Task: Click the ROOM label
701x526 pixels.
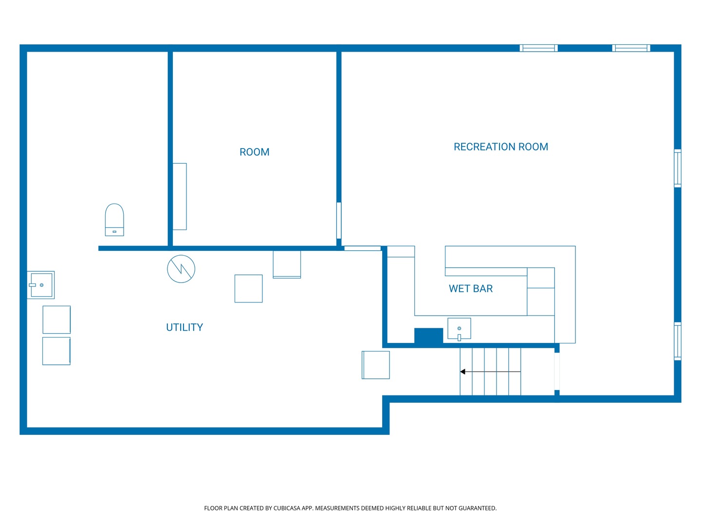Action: tap(254, 152)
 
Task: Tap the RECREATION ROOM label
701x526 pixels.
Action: tap(500, 147)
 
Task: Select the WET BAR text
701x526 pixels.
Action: tap(470, 288)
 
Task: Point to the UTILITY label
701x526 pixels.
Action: tap(184, 327)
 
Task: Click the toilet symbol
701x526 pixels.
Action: tap(114, 220)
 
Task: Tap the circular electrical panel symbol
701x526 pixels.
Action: tap(181, 268)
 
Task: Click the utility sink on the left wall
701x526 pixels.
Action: tap(40, 285)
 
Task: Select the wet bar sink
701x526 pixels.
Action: tap(459, 329)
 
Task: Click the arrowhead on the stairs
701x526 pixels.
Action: tap(462, 372)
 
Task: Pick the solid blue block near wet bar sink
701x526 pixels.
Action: tap(428, 336)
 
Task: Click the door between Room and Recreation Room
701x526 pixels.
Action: tap(338, 220)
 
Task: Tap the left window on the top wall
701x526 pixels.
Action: tap(538, 48)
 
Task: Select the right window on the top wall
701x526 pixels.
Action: tap(631, 48)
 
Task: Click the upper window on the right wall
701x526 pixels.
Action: tap(677, 169)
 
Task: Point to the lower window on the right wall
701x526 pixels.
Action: tap(677, 341)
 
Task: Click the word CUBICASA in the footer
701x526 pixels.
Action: tap(285, 508)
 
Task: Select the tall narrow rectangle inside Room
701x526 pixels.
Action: tap(180, 196)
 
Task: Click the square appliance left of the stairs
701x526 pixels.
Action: tap(375, 365)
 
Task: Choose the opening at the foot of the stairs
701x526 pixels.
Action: tap(556, 372)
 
